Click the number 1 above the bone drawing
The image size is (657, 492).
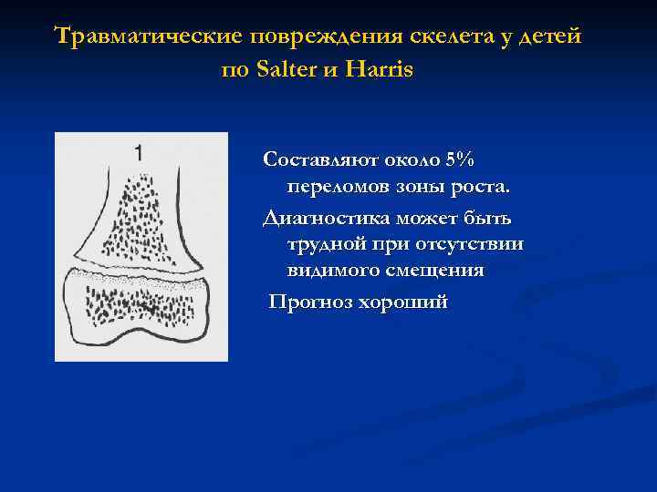pos(138,152)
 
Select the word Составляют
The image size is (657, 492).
pos(314,160)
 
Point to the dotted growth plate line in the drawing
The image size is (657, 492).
pos(137,274)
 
